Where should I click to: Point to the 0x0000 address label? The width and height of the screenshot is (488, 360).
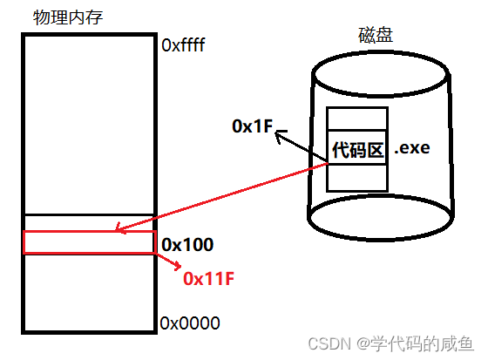pyautogui.click(x=190, y=323)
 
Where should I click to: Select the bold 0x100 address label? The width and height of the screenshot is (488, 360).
pyautogui.click(x=187, y=245)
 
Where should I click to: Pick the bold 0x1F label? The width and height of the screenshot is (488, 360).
pyautogui.click(x=252, y=127)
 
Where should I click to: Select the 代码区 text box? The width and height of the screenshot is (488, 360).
pyautogui.click(x=357, y=150)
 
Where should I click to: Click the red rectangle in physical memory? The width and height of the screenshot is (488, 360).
pyautogui.click(x=88, y=241)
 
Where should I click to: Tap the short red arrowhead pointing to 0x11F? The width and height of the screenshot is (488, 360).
pyautogui.click(x=178, y=267)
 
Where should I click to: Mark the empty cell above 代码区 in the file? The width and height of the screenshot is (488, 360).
pyautogui.click(x=356, y=120)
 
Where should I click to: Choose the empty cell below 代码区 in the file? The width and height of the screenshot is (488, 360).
pyautogui.click(x=356, y=178)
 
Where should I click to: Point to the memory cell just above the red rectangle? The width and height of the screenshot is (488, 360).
pyautogui.click(x=88, y=221)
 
